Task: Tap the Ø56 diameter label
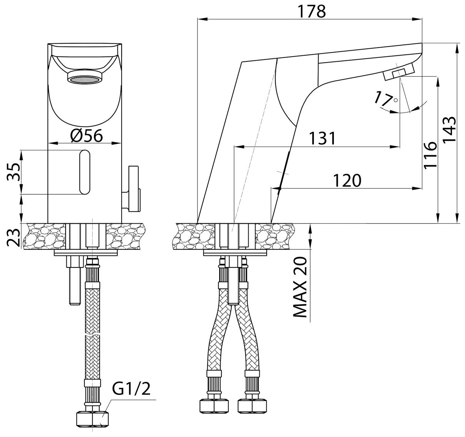click(x=86, y=135)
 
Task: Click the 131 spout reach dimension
click(x=322, y=138)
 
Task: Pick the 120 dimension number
click(x=347, y=180)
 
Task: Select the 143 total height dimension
click(x=449, y=129)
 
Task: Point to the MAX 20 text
click(x=300, y=287)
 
